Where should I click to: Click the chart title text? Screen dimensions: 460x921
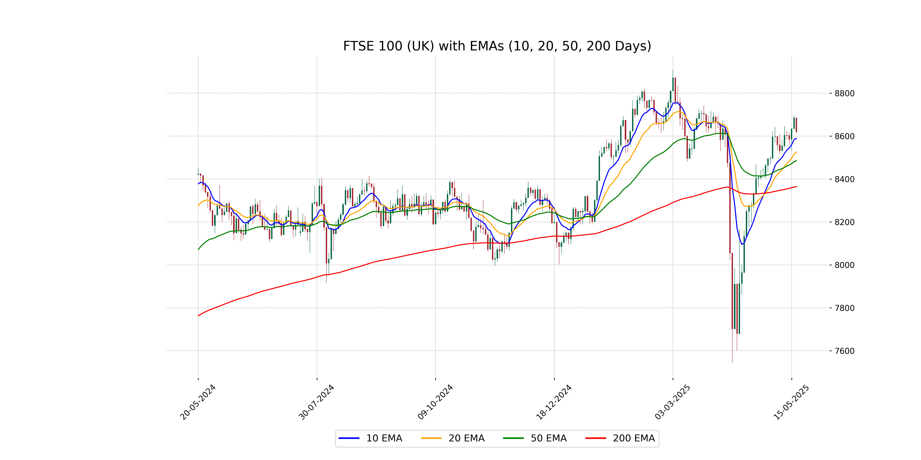click(497, 46)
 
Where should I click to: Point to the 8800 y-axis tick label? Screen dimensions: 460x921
click(844, 94)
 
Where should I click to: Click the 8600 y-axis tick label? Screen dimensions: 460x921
click(844, 136)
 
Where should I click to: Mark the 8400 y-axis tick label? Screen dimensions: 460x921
click(844, 179)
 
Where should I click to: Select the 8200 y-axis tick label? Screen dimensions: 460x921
click(844, 222)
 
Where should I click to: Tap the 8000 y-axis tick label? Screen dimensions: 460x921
click(844, 265)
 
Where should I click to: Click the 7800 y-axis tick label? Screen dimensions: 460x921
click(844, 308)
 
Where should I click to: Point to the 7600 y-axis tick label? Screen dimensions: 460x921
click(844, 351)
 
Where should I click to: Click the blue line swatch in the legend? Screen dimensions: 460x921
click(349, 438)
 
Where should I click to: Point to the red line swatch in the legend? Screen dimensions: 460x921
click(596, 438)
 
